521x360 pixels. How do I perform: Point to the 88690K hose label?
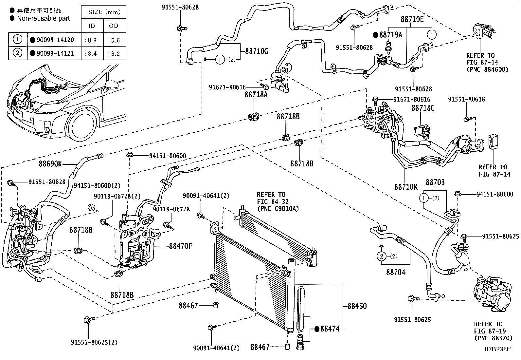(50, 163)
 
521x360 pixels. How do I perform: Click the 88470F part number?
(180, 246)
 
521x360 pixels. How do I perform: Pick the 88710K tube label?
(406, 187)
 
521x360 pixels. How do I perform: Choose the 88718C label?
(423, 108)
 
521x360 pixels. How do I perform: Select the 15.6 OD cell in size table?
(114, 40)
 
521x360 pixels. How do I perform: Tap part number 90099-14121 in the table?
(54, 53)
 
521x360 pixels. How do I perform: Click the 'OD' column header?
(114, 26)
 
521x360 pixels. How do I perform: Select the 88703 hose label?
(435, 183)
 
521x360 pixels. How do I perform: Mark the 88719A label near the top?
(390, 35)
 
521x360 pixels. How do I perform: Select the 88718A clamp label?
(256, 95)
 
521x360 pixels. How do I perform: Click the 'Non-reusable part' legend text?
(43, 18)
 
